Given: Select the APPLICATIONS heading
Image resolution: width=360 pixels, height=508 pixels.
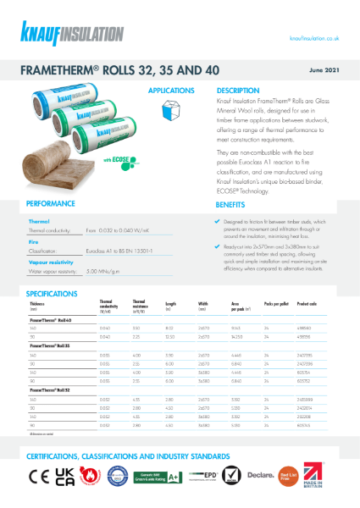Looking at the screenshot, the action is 172,90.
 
